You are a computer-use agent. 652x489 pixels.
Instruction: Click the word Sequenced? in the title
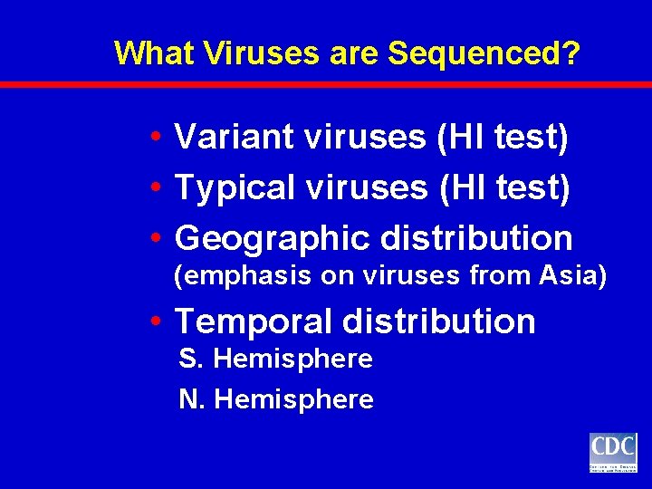(484, 53)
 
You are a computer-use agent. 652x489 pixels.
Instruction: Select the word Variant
(235, 137)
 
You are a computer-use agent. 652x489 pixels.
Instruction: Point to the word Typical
(235, 187)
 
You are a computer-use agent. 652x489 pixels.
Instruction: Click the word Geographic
(272, 238)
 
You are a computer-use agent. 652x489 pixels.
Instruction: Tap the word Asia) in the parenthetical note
(570, 276)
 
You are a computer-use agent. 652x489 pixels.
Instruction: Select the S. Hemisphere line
(276, 359)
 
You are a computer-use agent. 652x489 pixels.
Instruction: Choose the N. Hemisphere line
(276, 399)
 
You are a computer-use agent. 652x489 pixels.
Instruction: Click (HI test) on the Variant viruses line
(503, 137)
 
